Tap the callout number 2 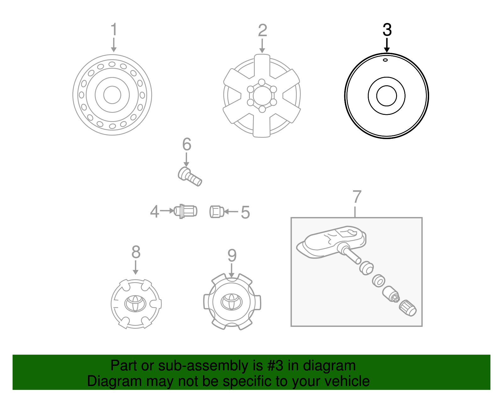[263, 31]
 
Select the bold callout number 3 [387, 30]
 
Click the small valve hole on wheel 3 [385, 60]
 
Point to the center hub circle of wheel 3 [386, 96]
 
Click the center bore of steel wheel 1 [112, 95]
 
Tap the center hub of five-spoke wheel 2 [262, 96]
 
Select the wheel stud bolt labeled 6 [190, 177]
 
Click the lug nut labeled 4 [186, 211]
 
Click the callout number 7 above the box [357, 197]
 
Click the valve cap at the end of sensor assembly [408, 308]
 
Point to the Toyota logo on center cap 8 [135, 303]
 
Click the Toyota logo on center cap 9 [232, 302]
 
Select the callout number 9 [232, 255]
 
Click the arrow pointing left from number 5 [231, 212]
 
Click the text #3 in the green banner [275, 366]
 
